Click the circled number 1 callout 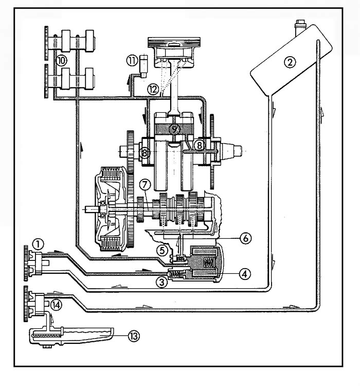point(38,242)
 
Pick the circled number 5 point(163,250)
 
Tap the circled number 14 point(56,304)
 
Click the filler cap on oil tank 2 point(300,24)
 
